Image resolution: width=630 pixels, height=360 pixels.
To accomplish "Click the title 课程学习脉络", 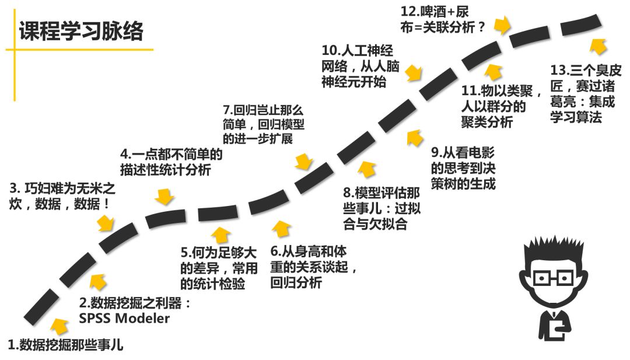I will (x=80, y=31).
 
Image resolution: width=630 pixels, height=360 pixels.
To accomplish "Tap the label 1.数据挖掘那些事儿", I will (x=65, y=344).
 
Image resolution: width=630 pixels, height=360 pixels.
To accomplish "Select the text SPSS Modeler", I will (x=124, y=319).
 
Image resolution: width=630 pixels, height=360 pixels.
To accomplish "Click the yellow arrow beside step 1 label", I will (x=60, y=326).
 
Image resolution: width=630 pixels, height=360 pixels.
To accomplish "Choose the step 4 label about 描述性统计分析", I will (x=171, y=162).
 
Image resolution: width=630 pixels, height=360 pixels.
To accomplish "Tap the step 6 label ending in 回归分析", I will (x=312, y=268).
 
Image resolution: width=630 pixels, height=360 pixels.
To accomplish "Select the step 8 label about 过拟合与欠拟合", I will (x=381, y=208).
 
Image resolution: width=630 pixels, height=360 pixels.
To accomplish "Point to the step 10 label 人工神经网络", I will (x=361, y=65).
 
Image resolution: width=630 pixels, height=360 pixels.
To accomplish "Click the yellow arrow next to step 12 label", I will (x=502, y=26).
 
